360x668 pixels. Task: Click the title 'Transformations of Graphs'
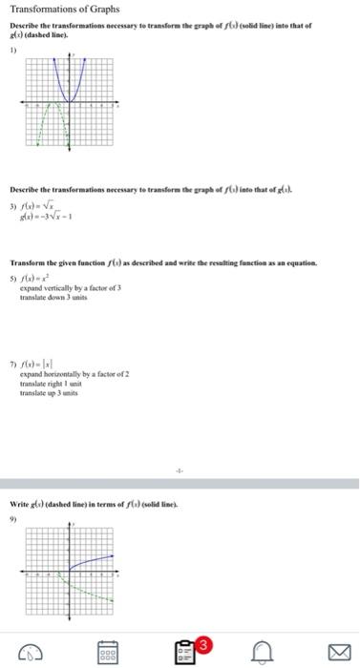coord(65,10)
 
